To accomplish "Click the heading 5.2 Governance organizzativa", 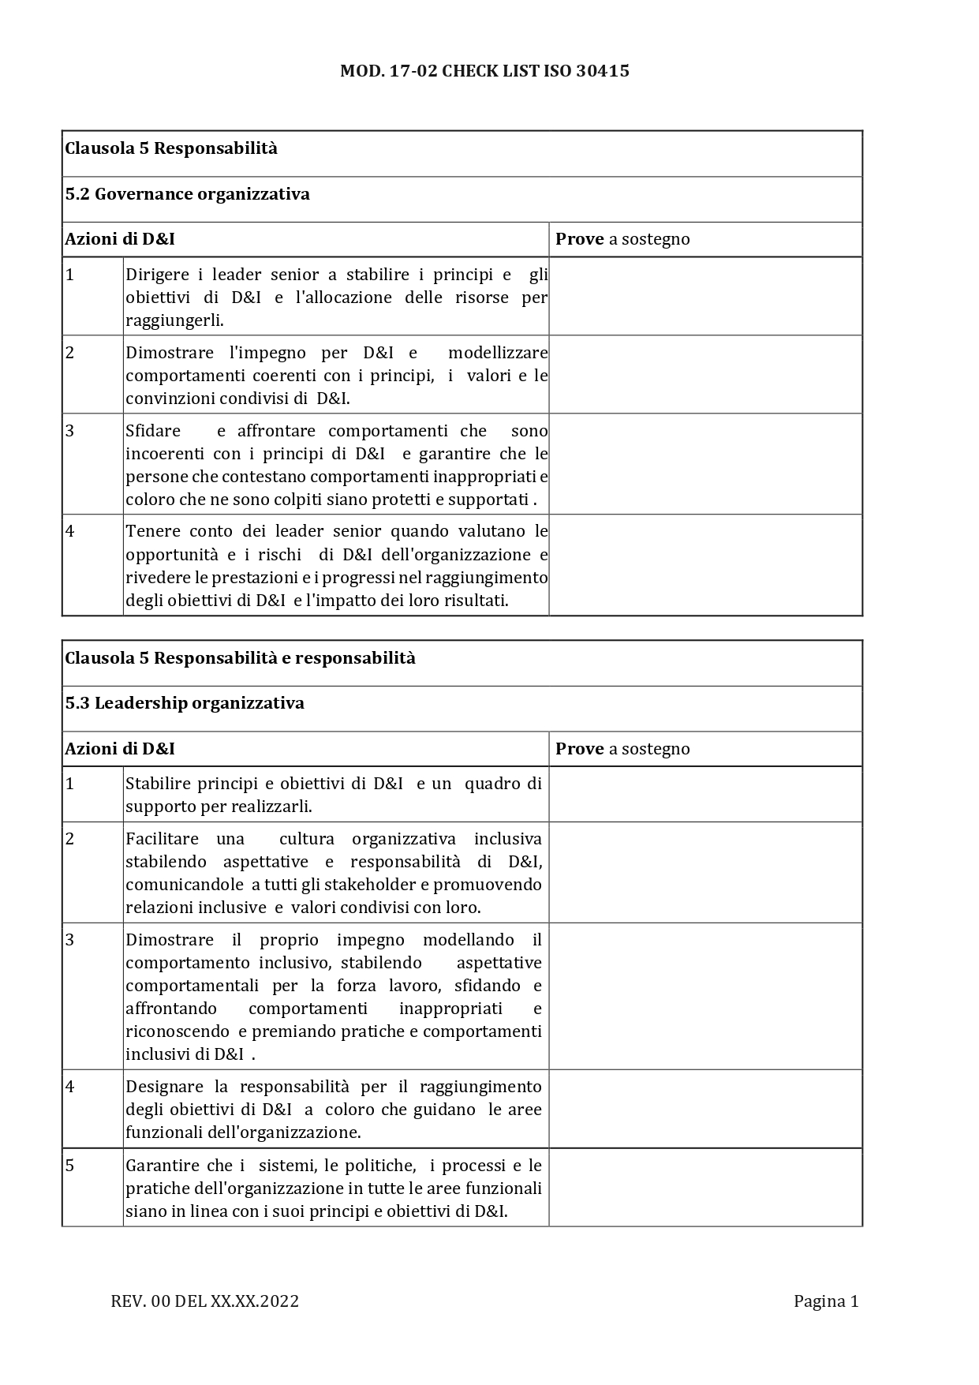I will pos(187,194).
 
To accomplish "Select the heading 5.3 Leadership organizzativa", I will pos(185,703).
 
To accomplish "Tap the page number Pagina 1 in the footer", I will pos(825,1301).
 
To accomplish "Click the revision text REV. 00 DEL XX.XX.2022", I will pos(205,1301).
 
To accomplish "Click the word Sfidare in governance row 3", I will pos(153,431).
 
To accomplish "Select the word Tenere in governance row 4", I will pos(152,531).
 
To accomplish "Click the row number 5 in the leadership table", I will pos(70,1166).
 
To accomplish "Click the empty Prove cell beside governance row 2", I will pos(705,375).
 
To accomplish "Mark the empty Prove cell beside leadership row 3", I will pos(705,996).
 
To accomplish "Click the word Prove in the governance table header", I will pos(580,239).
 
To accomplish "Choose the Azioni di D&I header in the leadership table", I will pos(120,749).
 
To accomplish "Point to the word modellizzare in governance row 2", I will pos(498,353).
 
